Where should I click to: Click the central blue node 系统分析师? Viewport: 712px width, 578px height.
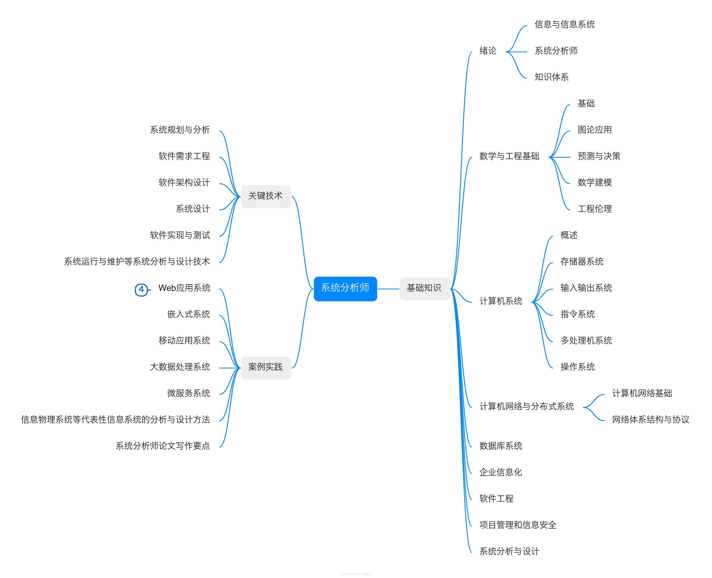pyautogui.click(x=345, y=288)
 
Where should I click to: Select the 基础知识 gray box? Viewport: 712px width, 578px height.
pyautogui.click(x=424, y=288)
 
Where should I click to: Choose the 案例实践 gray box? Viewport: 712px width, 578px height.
pyautogui.click(x=265, y=367)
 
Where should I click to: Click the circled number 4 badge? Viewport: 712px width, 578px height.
pyautogui.click(x=141, y=289)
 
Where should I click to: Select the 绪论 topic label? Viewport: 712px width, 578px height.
pyautogui.click(x=488, y=51)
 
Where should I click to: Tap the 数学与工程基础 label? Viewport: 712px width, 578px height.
pyautogui.click(x=509, y=156)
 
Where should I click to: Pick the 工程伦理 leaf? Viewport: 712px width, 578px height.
pyautogui.click(x=595, y=209)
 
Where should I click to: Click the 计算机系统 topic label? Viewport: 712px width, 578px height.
pyautogui.click(x=501, y=301)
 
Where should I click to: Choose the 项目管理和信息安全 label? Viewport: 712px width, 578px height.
pyautogui.click(x=518, y=525)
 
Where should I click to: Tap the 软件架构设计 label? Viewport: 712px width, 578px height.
pyautogui.click(x=184, y=183)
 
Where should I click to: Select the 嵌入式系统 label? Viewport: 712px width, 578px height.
pyautogui.click(x=188, y=315)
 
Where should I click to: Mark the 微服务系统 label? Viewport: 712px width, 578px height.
pyautogui.click(x=188, y=394)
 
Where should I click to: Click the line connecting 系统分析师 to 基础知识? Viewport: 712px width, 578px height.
pyautogui.click(x=388, y=289)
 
